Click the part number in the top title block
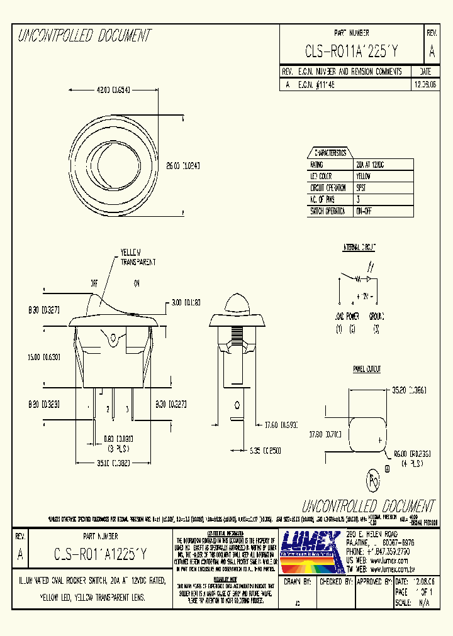point(352,50)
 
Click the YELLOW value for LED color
point(363,176)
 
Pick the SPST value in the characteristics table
point(362,188)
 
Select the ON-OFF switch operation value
point(364,212)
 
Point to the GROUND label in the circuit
point(377,316)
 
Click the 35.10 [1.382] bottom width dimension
point(113,463)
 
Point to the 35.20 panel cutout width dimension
point(409,390)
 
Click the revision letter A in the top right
point(432,50)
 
